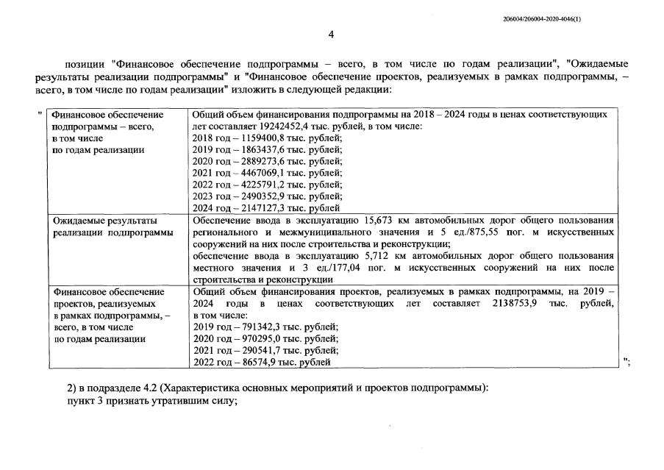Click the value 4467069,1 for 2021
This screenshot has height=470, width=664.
263,174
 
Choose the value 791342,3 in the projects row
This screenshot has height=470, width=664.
260,327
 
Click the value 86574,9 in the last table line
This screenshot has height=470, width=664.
257,362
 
